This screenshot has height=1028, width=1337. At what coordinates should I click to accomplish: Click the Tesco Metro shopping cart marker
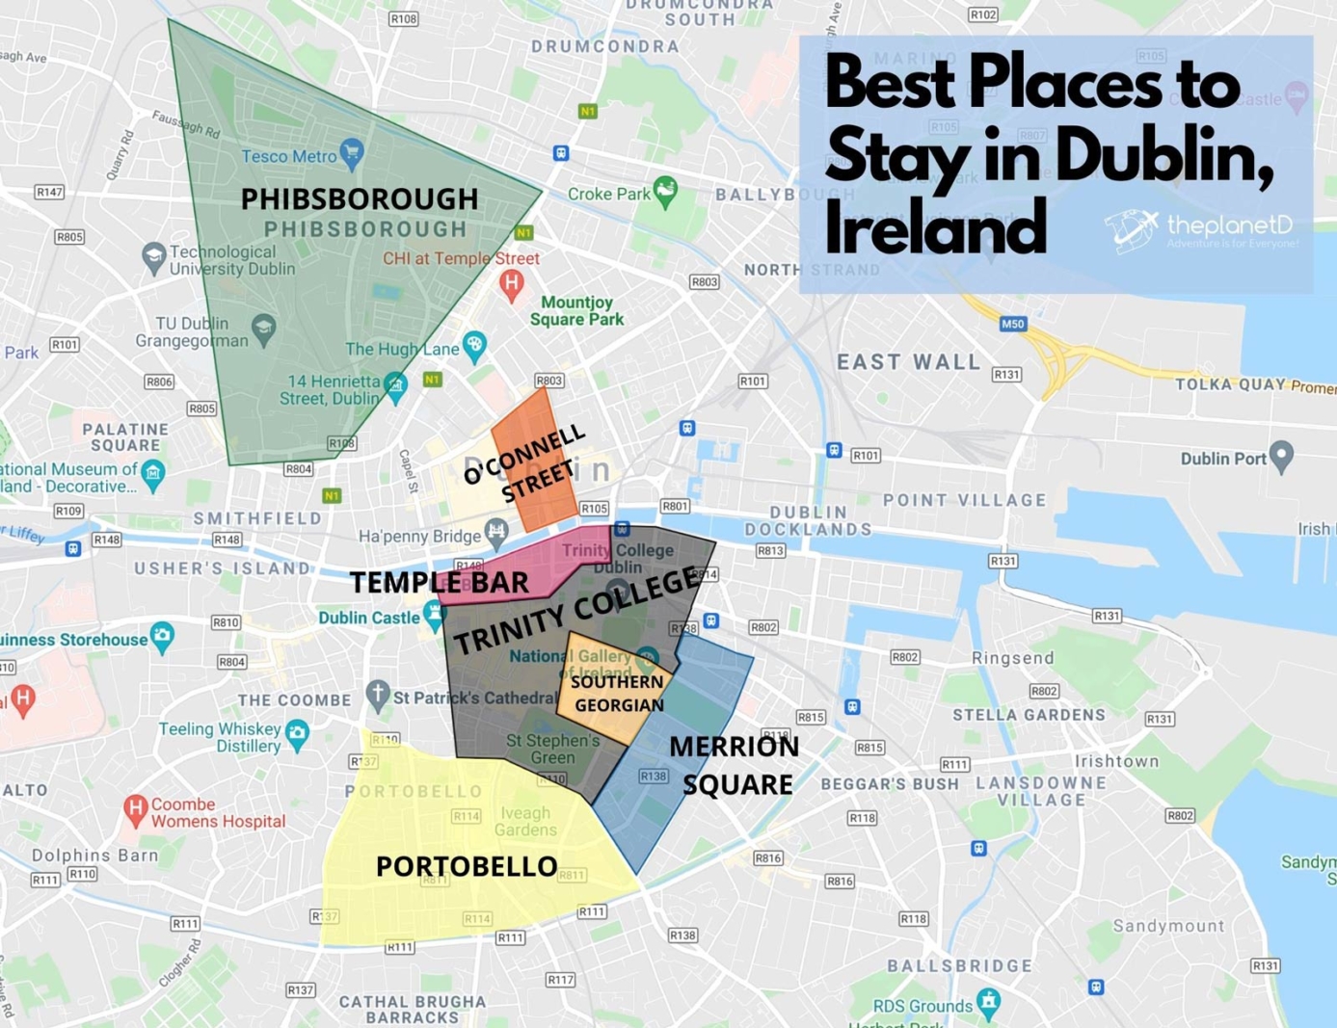[352, 152]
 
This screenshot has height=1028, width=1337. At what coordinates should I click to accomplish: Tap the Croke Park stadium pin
[664, 191]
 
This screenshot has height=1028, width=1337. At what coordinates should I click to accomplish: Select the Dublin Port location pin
[1281, 456]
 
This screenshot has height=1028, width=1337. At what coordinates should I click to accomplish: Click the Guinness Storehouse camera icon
[163, 637]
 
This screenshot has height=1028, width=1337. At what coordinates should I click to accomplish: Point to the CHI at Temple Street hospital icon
[511, 283]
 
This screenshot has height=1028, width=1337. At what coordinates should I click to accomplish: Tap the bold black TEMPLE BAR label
[439, 582]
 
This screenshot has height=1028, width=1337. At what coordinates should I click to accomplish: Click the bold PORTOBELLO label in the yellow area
[467, 866]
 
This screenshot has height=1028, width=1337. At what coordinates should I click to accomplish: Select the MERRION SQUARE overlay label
[735, 765]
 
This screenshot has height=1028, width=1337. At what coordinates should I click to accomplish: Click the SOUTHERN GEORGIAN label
[617, 693]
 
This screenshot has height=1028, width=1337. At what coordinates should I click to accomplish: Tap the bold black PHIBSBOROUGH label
[360, 198]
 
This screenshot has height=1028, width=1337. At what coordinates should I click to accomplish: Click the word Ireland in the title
[935, 227]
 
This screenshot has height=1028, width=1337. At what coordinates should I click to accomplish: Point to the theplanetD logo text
[1229, 225]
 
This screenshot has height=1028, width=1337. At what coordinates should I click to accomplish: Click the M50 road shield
[1012, 324]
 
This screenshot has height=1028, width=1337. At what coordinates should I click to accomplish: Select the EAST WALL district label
[908, 362]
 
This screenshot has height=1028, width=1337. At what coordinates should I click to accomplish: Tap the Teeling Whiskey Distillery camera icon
[298, 734]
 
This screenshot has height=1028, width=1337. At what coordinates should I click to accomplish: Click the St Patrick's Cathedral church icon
[378, 694]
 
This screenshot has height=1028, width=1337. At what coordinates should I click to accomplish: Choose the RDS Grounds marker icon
[988, 1001]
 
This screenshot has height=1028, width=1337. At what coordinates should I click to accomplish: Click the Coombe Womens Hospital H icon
[135, 809]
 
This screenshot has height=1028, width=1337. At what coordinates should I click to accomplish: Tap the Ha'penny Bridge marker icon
[495, 531]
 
